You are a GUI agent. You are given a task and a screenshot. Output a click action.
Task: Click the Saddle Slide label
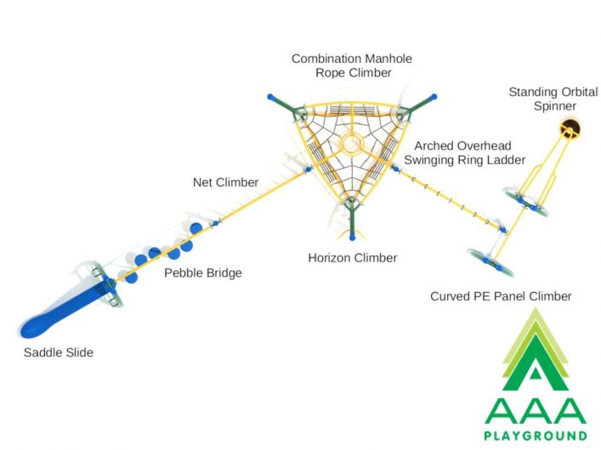tap(59, 352)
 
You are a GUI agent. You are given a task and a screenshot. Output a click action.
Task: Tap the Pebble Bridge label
tap(203, 273)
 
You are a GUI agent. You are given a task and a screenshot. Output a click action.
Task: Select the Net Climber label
tap(226, 183)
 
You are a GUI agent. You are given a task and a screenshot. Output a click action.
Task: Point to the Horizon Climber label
tap(353, 258)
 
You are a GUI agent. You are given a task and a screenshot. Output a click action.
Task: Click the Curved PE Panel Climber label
tap(501, 296)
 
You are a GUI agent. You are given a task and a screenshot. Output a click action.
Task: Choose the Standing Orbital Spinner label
tap(553, 98)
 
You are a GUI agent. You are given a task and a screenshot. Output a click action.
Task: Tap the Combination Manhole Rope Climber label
tap(352, 65)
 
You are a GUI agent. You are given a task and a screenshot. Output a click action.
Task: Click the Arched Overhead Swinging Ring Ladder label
tap(464, 153)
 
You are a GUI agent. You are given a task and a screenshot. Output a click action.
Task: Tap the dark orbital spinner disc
tap(570, 129)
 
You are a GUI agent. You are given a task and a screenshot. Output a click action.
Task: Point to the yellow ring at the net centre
tap(351, 144)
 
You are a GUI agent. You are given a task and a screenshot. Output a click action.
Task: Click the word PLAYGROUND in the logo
tap(536, 436)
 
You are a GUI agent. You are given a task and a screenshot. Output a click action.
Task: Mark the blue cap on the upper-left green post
tap(271, 97)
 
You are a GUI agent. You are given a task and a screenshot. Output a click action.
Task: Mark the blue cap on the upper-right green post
tap(434, 97)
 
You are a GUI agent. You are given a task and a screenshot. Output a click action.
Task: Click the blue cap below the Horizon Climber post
tap(352, 238)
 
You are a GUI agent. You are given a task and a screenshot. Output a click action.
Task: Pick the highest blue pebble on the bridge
tap(196, 228)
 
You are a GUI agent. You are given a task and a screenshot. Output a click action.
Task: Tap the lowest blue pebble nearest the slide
tap(132, 277)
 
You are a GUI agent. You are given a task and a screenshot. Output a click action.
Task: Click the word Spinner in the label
tap(555, 106)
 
